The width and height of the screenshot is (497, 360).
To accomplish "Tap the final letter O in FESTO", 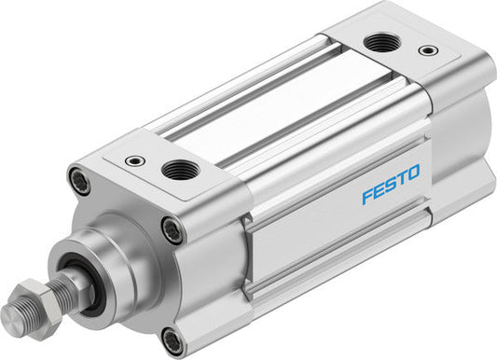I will [412, 171].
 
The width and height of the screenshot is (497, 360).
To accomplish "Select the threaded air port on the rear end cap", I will [378, 42].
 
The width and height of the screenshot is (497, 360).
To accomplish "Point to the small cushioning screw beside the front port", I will [136, 160].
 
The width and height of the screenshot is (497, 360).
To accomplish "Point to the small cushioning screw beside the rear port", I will [427, 49].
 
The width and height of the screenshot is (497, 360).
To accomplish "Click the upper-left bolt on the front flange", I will [81, 179].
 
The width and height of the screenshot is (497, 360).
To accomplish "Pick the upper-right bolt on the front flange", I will [172, 228].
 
